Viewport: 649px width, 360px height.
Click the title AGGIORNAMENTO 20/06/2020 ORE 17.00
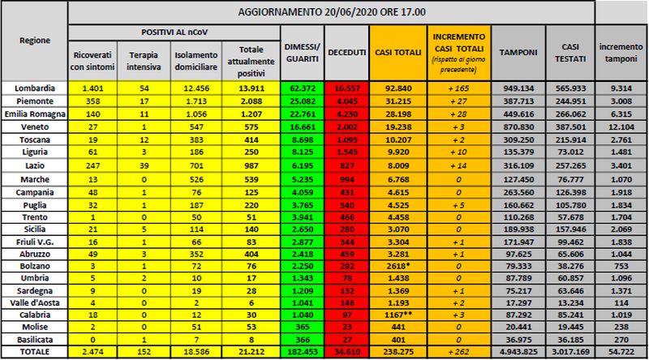coord(332,11)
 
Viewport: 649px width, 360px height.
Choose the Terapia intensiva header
coord(144,59)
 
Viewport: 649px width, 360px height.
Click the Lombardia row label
coord(33,86)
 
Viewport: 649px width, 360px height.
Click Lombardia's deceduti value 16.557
coord(346,86)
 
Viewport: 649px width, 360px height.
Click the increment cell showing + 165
coord(459,86)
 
